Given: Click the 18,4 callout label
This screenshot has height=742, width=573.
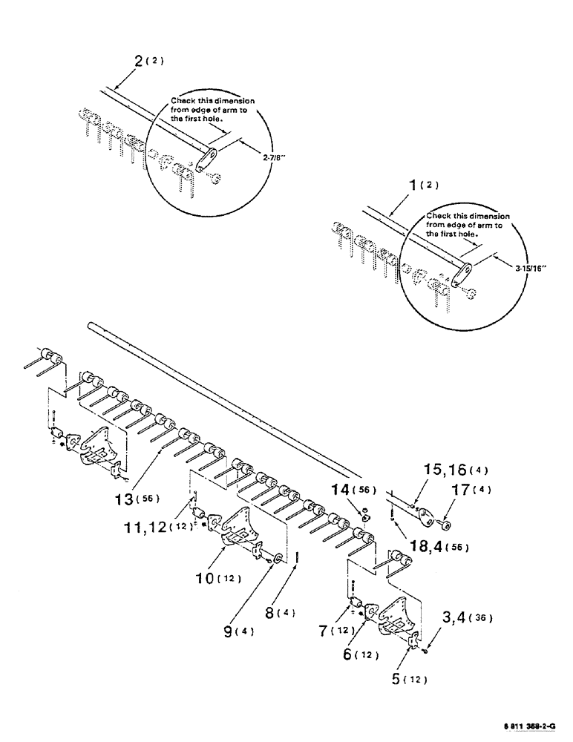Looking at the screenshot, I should (x=433, y=547).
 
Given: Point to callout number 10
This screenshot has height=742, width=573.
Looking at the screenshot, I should (x=212, y=577).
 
